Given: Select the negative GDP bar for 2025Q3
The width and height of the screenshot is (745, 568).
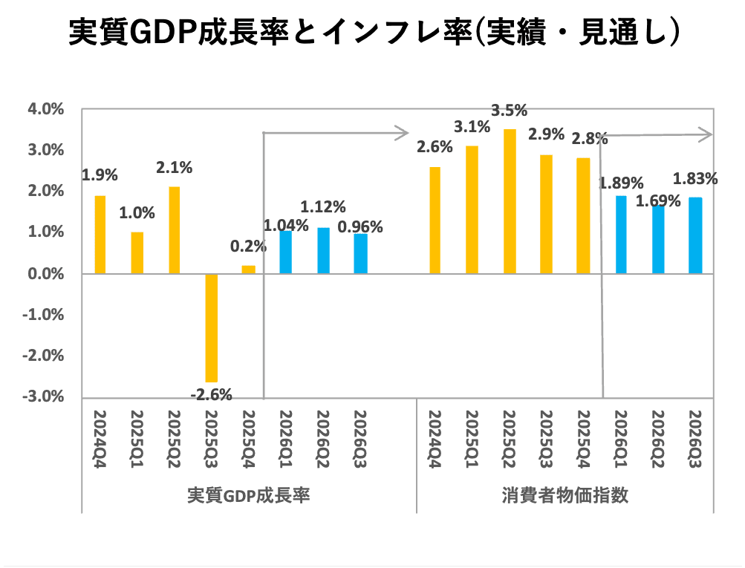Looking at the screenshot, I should tap(212, 327).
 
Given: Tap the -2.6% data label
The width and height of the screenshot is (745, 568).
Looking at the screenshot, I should tap(212, 394).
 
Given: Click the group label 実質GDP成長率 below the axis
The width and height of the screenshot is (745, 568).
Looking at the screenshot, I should tap(248, 495).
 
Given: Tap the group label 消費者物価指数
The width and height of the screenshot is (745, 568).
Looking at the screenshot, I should tap(565, 495).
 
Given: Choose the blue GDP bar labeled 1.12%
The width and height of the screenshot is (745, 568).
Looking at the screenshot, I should tap(323, 250).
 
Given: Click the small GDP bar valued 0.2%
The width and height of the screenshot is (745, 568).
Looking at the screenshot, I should tap(248, 270).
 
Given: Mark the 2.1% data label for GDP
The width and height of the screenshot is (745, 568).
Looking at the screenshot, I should tap(175, 168).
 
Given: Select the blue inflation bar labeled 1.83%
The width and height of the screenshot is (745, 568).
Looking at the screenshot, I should tap(695, 235).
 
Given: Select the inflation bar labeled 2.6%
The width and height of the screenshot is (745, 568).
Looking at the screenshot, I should tap(435, 221).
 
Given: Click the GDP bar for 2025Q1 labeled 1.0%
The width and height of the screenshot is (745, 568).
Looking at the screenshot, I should tap(137, 253).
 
